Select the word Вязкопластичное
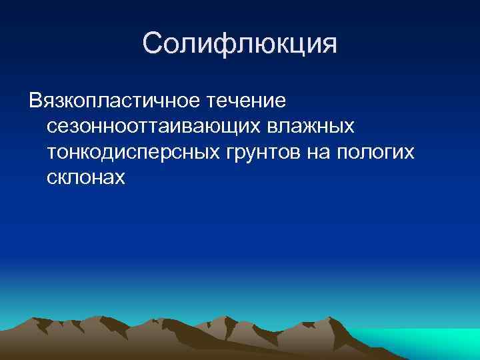[x=114, y=101]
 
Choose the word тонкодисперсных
[x=133, y=152]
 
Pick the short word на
[x=320, y=152]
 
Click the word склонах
[x=86, y=177]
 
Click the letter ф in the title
[x=230, y=44]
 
